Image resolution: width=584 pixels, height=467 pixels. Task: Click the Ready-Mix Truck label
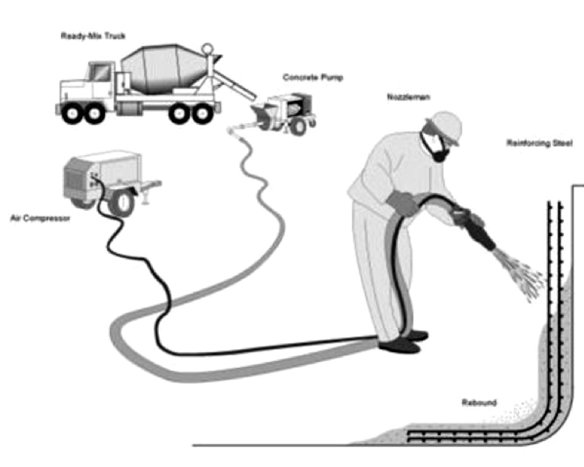tap(93, 36)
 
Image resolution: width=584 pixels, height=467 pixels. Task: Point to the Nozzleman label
tap(408, 97)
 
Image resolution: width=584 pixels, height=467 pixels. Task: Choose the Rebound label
tap(479, 403)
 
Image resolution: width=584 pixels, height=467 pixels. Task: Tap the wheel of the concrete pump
tap(298, 125)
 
